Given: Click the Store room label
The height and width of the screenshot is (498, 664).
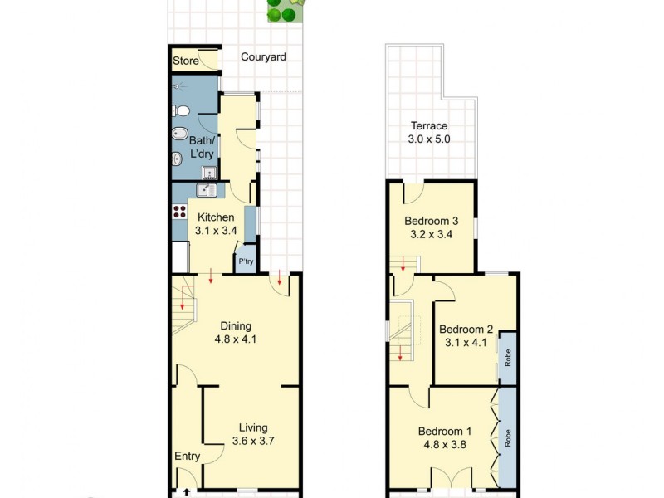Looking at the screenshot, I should coord(186,61).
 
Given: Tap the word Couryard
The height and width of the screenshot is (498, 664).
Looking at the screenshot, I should coord(263,57).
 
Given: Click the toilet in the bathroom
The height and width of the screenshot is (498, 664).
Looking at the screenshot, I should coord(180,111).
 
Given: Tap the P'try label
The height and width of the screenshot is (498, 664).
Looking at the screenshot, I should coord(247,262).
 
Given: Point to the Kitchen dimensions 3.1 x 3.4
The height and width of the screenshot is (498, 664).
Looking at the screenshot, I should coord(216,232).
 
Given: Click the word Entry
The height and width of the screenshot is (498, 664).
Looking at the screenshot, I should coord(187,456).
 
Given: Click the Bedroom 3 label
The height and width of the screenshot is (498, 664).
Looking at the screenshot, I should coord(431,222).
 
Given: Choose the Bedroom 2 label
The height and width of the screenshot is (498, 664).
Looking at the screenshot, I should coord(466,330).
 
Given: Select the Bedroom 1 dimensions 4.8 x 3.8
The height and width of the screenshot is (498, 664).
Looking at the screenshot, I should coord(445,445).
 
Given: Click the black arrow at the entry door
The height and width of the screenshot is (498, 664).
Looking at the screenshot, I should coord(186,491).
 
